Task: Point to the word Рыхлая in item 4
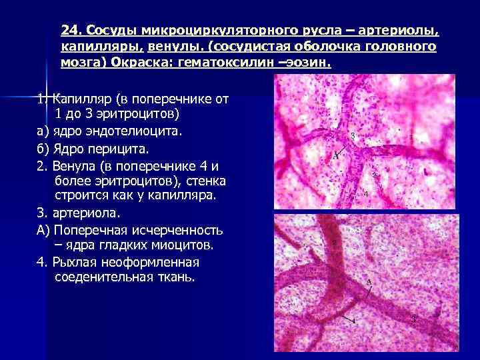[x=75, y=261]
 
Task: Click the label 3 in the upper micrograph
[x=353, y=136]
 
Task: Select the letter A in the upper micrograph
[x=336, y=156]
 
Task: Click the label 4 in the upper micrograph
[x=365, y=194]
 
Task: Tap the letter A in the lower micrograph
[x=369, y=283]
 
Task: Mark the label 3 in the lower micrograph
[x=413, y=319]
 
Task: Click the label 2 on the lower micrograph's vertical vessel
[x=333, y=243]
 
